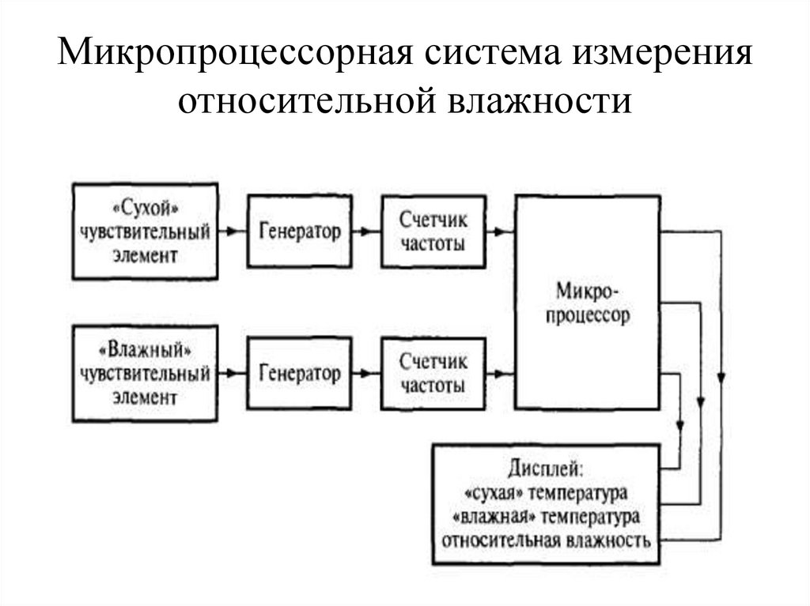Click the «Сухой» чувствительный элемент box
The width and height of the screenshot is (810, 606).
(x=145, y=231)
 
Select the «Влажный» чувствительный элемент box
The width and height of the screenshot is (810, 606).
(x=145, y=372)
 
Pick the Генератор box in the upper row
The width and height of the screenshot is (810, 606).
(x=300, y=232)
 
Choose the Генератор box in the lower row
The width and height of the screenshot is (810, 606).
(x=300, y=373)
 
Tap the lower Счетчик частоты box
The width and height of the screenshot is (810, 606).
(x=433, y=373)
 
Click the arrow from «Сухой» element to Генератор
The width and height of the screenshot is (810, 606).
(x=232, y=232)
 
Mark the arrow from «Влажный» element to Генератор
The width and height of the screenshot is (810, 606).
(x=232, y=372)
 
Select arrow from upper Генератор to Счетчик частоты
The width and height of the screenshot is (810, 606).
(x=366, y=232)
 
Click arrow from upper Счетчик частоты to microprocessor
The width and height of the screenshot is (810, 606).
(x=500, y=232)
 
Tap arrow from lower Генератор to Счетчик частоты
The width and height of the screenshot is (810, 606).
(x=366, y=372)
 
